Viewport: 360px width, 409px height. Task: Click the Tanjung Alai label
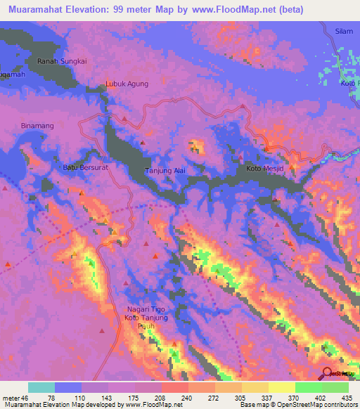coord(165,171)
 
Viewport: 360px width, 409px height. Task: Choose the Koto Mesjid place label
coord(264,169)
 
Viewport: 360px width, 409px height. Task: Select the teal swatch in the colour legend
coord(41,387)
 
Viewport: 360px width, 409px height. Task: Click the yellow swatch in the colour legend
coord(282,387)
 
